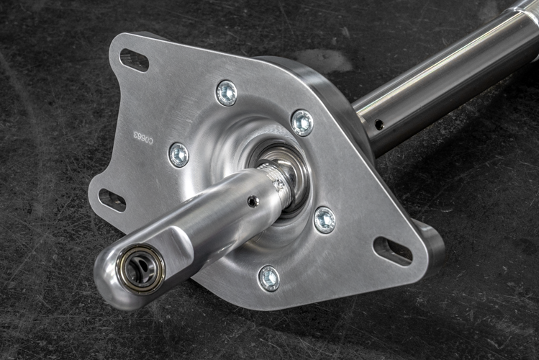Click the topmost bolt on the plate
point(227,93)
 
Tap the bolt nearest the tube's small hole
point(302,122)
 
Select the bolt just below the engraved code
point(178,154)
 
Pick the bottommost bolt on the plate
point(268,278)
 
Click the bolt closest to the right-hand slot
point(325,220)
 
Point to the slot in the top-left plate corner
point(135,60)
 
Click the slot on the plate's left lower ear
point(112,200)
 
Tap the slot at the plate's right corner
point(392,251)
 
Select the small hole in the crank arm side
point(253,202)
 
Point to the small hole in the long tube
point(379,125)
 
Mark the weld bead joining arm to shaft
point(277,180)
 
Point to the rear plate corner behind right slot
point(432,245)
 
